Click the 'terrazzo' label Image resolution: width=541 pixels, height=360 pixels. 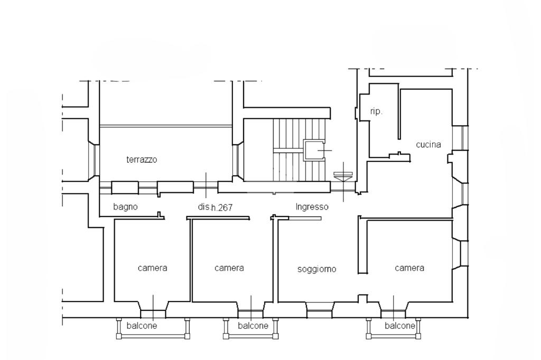(x=142, y=159)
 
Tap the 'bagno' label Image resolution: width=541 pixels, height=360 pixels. (x=125, y=207)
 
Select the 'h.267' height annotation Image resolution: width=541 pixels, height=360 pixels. (x=222, y=208)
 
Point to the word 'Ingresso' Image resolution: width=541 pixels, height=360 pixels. (x=312, y=207)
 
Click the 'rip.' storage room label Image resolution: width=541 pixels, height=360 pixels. (x=376, y=112)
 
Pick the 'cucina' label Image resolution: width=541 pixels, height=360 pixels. (x=428, y=145)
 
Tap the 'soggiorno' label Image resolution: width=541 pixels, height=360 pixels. (x=316, y=269)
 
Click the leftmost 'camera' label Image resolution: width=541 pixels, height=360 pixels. (x=152, y=268)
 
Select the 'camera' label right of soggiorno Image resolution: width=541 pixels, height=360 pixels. (x=409, y=268)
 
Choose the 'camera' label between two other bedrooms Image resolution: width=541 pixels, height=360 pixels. (x=229, y=268)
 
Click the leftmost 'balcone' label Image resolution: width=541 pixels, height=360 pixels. (x=142, y=326)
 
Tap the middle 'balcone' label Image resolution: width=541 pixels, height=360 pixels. (x=253, y=326)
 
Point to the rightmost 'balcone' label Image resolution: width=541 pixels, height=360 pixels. (x=400, y=326)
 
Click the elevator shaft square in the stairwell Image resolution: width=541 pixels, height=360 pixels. (x=314, y=150)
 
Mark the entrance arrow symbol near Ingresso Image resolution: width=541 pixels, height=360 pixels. (x=343, y=177)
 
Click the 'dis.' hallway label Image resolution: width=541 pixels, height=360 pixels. (x=204, y=207)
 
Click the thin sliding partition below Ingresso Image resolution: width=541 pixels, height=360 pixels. (x=300, y=219)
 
